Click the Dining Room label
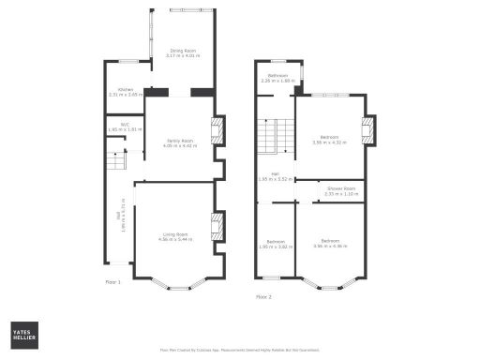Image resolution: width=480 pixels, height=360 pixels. coord(183,53)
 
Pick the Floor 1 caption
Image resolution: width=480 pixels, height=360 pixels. coord(113,281)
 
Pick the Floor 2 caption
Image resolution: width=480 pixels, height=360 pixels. coord(263,296)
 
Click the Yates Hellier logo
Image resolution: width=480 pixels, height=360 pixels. coord(24,335)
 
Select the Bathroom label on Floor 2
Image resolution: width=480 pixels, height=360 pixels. coord(277,78)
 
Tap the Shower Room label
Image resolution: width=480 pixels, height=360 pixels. coord(340,190)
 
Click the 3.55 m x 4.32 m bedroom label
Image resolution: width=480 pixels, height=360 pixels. coord(329,140)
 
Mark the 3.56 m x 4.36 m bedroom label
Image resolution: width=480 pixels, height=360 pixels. coord(330,244)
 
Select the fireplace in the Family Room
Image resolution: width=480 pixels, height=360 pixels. coord(218,129)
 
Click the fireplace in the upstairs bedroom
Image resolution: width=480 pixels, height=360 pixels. coord(368,128)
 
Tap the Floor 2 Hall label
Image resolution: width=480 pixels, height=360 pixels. coord(276,177)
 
